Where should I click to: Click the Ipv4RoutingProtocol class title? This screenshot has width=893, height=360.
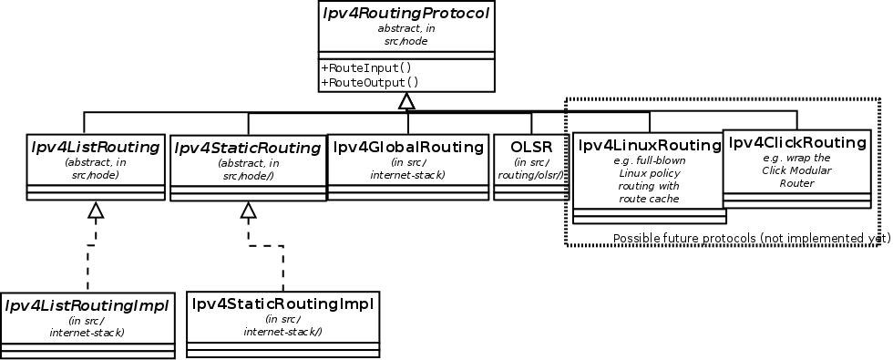pyautogui.click(x=406, y=14)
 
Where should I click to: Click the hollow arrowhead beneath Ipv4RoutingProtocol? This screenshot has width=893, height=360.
pyautogui.click(x=407, y=101)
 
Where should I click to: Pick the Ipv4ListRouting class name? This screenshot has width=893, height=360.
pyautogui.click(x=96, y=146)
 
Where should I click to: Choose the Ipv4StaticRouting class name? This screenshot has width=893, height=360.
pyautogui.click(x=247, y=148)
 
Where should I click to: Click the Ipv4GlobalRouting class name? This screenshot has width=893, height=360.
pyautogui.click(x=407, y=146)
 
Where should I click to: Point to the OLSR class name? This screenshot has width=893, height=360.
pyautogui.click(x=531, y=146)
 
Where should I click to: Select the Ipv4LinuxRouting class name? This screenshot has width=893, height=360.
pyautogui.click(x=649, y=145)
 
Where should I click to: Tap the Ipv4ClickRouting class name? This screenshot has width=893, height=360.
pyautogui.click(x=795, y=142)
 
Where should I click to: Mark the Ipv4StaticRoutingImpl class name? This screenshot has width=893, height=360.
pyautogui.click(x=282, y=303)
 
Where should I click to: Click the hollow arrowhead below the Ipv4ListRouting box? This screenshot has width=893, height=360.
pyautogui.click(x=96, y=211)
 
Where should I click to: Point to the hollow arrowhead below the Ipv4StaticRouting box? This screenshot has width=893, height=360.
pyautogui.click(x=247, y=211)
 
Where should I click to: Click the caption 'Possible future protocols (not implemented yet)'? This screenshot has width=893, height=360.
pyautogui.click(x=751, y=238)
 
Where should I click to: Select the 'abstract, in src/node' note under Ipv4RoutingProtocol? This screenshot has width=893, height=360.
pyautogui.click(x=406, y=35)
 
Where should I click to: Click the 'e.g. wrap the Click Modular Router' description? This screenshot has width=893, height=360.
pyautogui.click(x=795, y=170)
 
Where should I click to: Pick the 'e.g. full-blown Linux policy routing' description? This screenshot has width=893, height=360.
pyautogui.click(x=649, y=179)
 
